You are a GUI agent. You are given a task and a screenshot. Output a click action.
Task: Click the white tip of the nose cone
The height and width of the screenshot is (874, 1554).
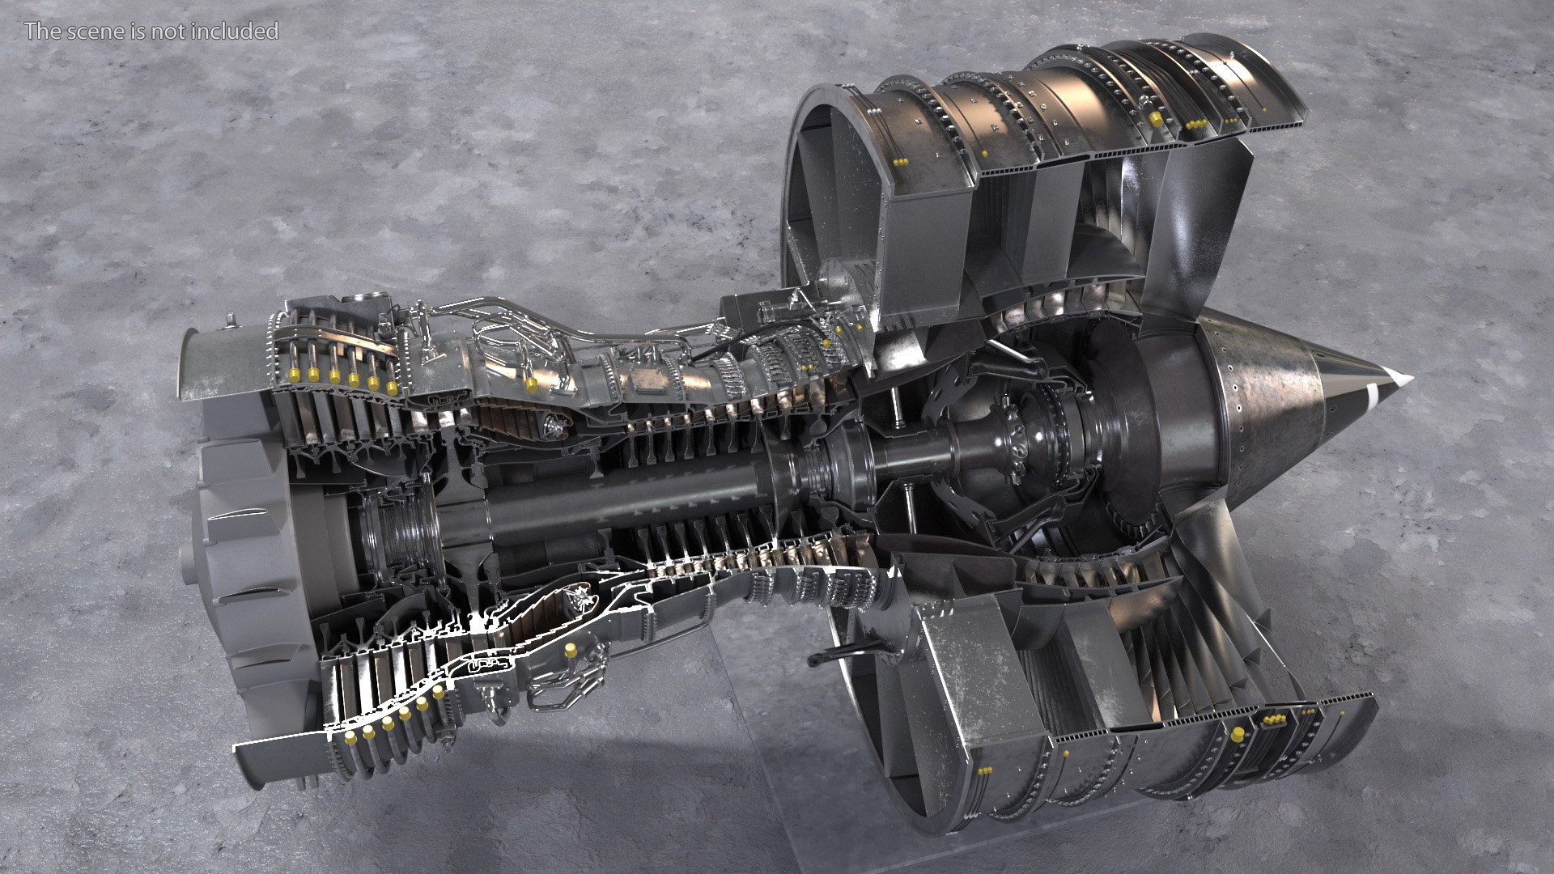point(1399,378)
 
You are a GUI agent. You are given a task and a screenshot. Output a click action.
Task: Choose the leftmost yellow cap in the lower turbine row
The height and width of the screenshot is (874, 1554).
point(350,738)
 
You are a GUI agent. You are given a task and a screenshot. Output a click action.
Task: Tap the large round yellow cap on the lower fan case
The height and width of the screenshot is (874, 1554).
point(1238,734)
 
